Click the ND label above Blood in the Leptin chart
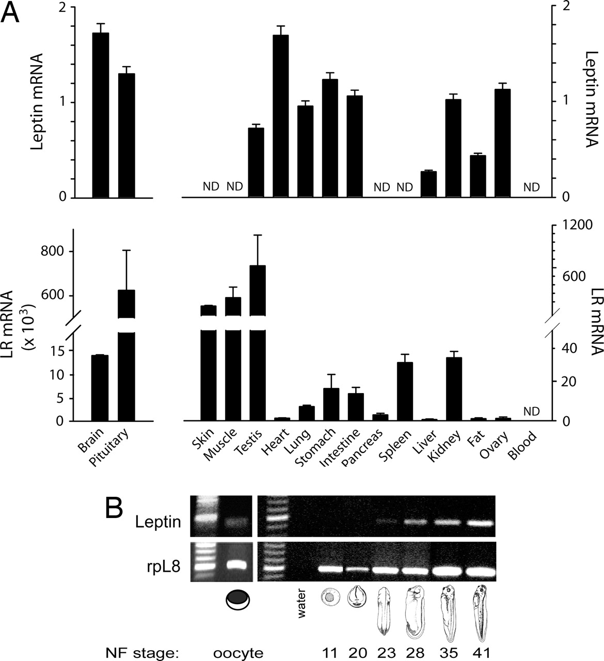(x=531, y=187)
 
